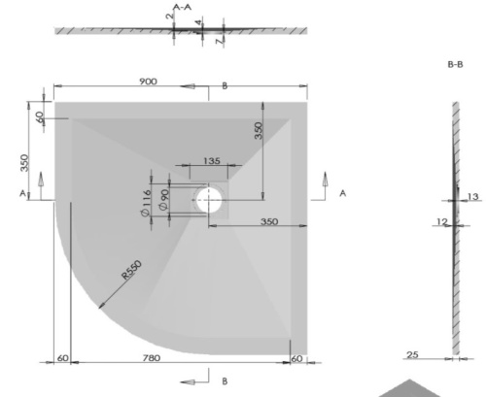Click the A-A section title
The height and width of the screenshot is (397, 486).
coord(182,7)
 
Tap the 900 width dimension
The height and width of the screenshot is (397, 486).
coord(148,82)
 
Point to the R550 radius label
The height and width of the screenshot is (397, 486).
coord(135,271)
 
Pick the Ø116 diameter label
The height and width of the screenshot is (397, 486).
coord(147,204)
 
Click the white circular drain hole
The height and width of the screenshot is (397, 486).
coord(210,201)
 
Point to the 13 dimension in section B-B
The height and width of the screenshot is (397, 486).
coord(473,197)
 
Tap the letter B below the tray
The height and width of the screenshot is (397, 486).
coord(225,380)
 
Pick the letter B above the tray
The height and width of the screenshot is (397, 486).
coord(225,86)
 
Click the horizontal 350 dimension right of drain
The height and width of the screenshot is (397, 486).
coord(269,222)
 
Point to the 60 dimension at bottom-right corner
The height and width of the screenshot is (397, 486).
coord(298,359)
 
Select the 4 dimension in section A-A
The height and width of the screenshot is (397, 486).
coord(198,22)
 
